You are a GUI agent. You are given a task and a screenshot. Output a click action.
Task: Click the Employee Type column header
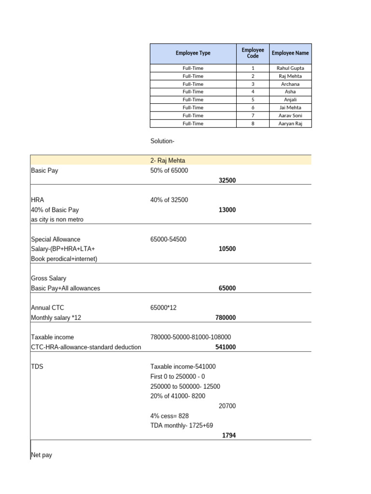(193, 53)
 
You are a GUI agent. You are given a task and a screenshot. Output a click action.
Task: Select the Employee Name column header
(290, 53)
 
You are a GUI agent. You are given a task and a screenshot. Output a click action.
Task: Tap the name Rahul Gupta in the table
(290, 68)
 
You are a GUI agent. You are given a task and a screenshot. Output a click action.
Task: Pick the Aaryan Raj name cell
(290, 123)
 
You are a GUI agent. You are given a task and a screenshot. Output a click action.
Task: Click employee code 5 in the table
(253, 100)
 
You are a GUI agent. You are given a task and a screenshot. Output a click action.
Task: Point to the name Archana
(290, 84)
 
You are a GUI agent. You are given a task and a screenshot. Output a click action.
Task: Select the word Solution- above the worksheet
(162, 141)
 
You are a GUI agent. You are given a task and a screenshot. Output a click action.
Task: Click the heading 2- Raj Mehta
(168, 161)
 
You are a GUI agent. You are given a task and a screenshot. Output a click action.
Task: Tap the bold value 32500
(227, 180)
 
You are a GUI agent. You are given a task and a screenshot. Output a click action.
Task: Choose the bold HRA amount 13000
(227, 210)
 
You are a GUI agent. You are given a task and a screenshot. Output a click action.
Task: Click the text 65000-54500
(168, 239)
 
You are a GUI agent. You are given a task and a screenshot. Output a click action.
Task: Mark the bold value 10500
(227, 249)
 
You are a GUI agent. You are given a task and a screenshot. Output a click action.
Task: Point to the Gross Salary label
(48, 278)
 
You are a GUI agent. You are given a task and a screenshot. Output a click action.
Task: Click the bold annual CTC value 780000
(226, 317)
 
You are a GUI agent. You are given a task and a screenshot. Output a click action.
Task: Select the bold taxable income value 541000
(226, 347)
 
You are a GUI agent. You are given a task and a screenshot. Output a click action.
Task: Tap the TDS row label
(37, 367)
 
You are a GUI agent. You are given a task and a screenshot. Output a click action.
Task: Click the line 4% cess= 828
(170, 415)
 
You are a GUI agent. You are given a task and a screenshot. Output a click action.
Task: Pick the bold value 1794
(229, 435)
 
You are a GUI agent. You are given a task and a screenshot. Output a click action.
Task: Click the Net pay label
(42, 455)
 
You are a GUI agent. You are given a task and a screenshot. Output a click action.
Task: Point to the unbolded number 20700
(227, 406)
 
